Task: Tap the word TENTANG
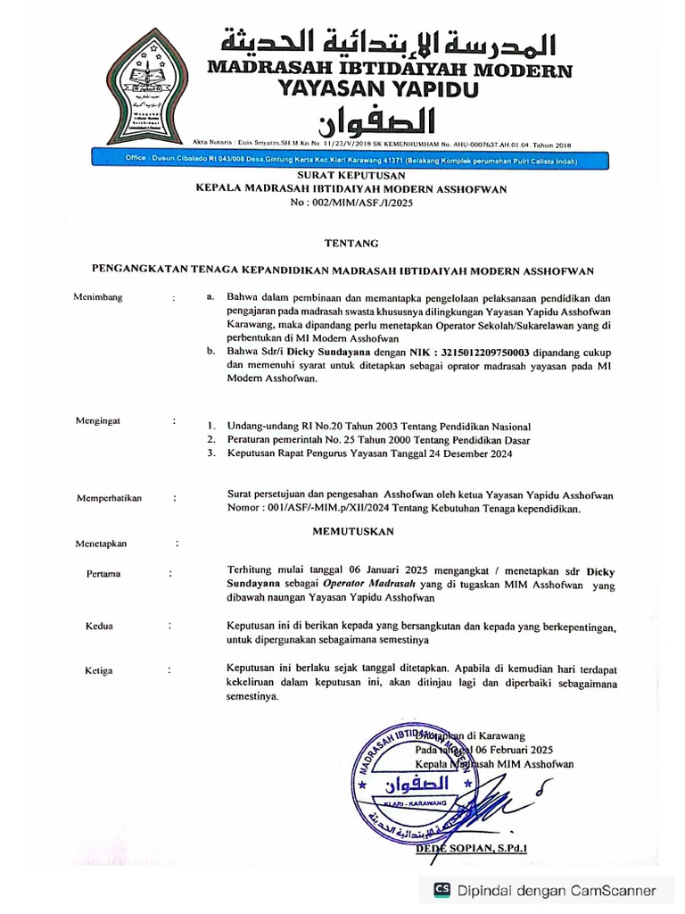coord(351,243)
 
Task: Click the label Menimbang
coord(98,297)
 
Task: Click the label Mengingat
coord(98,420)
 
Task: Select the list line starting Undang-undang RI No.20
coord(379,427)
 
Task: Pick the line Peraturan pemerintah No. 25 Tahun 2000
coord(379,440)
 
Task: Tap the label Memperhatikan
coord(110,499)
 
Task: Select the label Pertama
coord(103,574)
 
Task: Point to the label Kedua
coord(99,627)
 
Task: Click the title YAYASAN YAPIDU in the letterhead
coord(378,89)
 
